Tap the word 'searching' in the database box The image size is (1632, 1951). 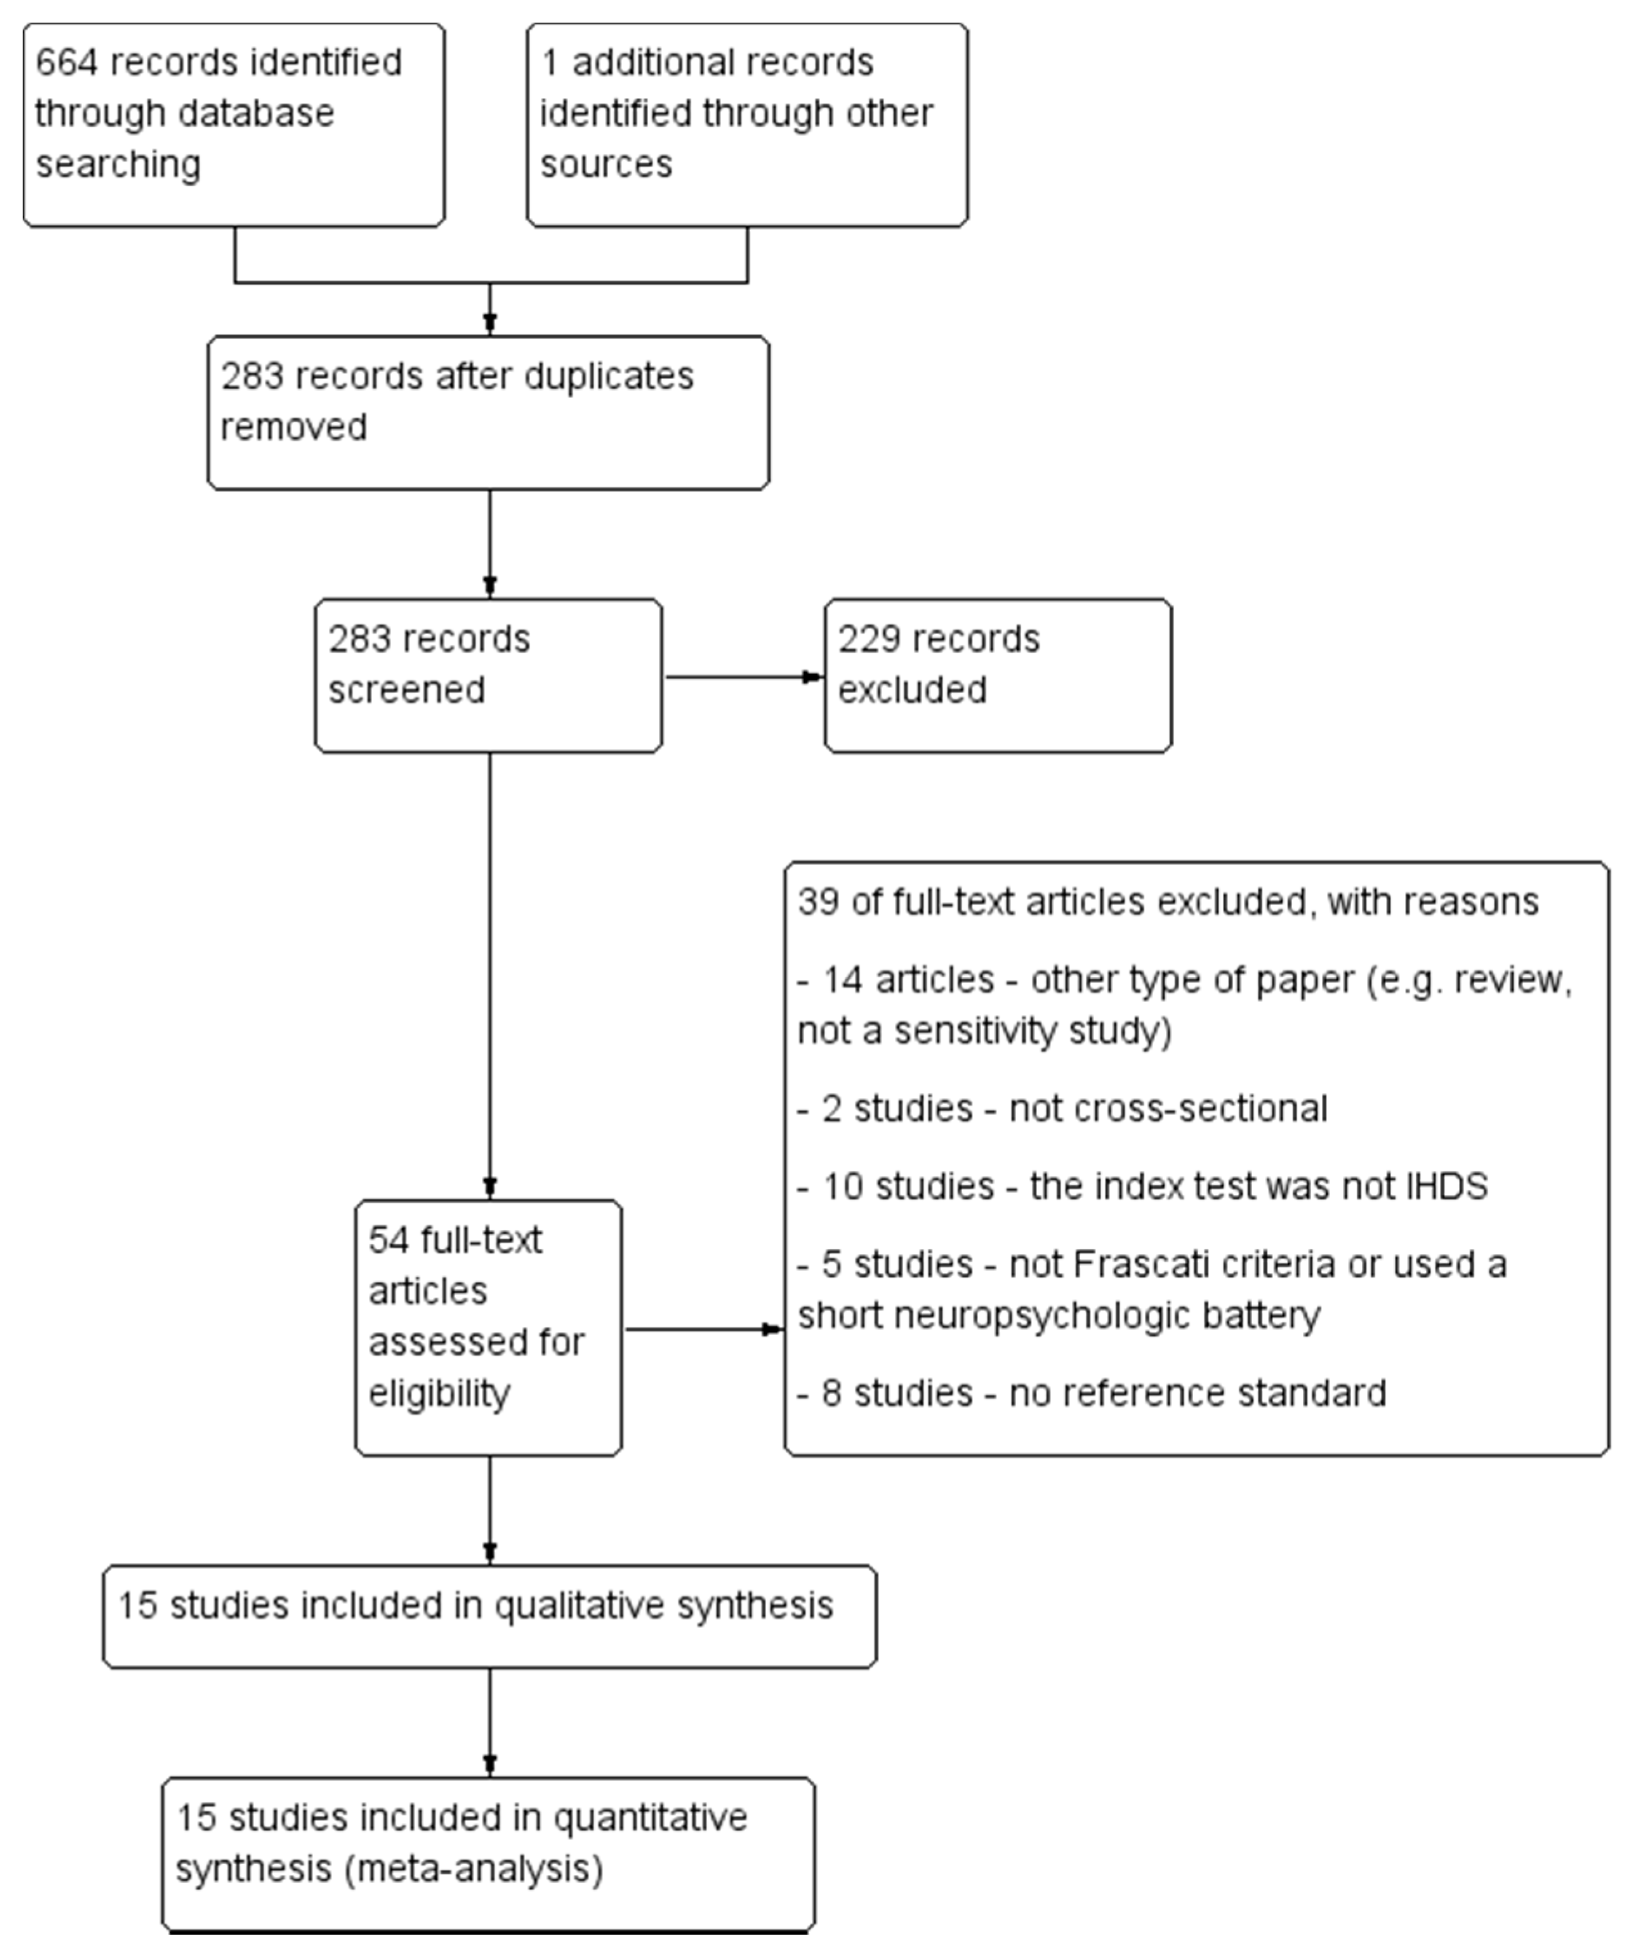(118, 164)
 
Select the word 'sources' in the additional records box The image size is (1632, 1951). (605, 164)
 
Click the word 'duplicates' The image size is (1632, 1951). (609, 376)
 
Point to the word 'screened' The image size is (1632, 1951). (406, 691)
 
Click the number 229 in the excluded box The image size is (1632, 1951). (868, 639)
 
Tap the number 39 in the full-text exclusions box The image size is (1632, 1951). (818, 902)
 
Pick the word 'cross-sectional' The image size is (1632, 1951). (1168, 1109)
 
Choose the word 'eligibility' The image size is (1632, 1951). (439, 1394)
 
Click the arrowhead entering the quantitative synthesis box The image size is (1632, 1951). (489, 1765)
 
